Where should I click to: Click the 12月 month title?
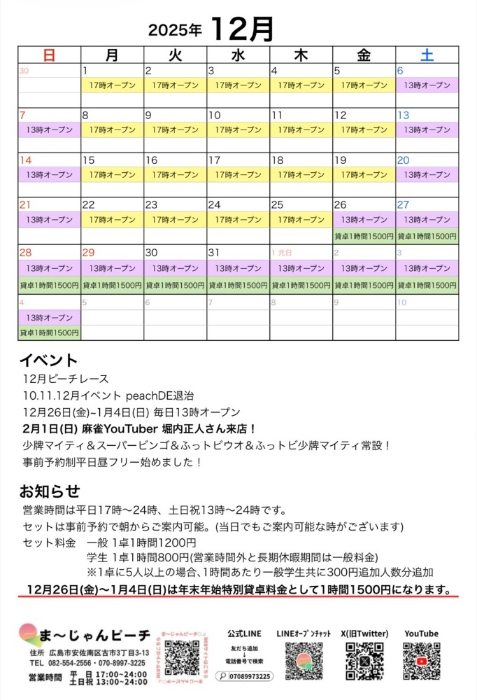241,29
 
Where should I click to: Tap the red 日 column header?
49,55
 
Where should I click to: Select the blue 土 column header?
427,55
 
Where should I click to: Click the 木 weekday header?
301,55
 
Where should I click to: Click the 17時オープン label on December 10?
238,130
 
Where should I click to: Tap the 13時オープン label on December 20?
427,175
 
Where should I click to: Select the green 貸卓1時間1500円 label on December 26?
364,237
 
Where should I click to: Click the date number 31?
214,252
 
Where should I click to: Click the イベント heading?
48,360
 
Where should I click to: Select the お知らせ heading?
50,491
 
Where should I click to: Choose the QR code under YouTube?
421,661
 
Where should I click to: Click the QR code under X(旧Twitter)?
364,661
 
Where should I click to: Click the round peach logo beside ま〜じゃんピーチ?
31,635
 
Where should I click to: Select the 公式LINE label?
244,633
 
